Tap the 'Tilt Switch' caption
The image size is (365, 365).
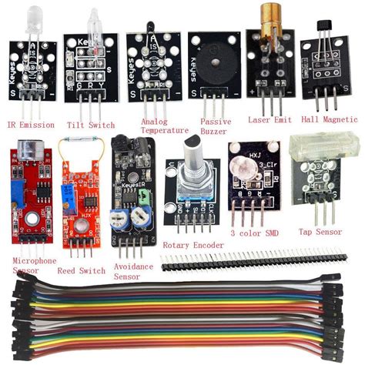click(91, 125)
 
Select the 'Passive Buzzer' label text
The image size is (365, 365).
click(215, 126)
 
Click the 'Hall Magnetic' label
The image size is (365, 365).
click(330, 119)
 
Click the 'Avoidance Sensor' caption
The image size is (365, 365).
click(134, 270)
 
